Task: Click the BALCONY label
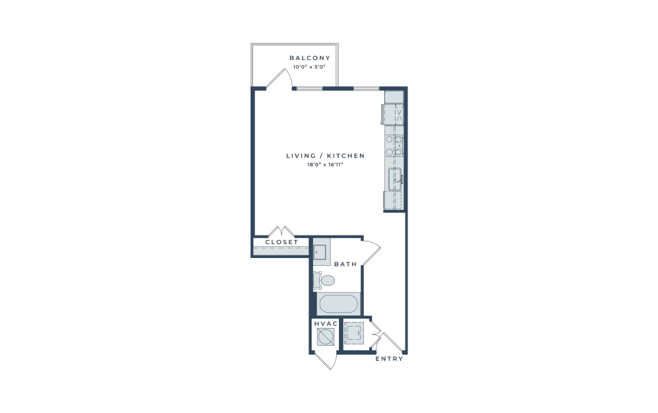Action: (x=310, y=58)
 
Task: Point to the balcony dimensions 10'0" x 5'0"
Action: (x=309, y=67)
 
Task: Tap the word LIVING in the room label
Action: (x=301, y=156)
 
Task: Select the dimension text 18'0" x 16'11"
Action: (x=325, y=164)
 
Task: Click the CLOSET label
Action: (x=282, y=242)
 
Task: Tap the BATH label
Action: (x=345, y=264)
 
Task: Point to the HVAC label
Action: (x=326, y=323)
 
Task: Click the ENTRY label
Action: (x=389, y=359)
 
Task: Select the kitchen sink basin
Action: (x=395, y=179)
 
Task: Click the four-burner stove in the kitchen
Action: (x=394, y=146)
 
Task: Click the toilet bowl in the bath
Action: (x=327, y=280)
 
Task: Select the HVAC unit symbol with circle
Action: (x=325, y=336)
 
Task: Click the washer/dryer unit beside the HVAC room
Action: (x=354, y=333)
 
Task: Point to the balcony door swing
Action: (x=279, y=79)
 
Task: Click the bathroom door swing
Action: (x=371, y=253)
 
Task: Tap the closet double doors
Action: (x=281, y=232)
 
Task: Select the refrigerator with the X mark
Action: (x=393, y=114)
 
